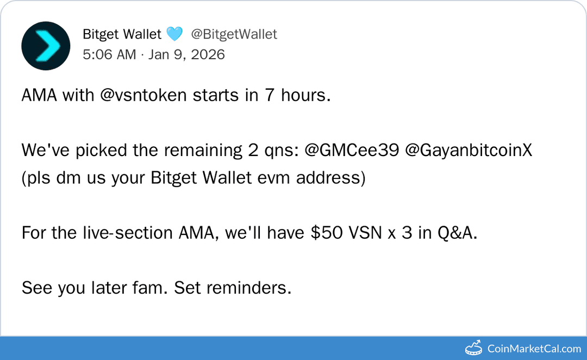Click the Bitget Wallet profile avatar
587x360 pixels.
(46, 46)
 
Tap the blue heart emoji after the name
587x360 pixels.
(174, 34)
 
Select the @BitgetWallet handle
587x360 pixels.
(234, 34)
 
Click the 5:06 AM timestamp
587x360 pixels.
(109, 54)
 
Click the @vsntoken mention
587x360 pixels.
(144, 96)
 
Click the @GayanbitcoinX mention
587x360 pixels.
(469, 151)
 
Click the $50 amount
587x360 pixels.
(326, 233)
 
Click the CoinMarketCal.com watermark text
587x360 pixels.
(534, 349)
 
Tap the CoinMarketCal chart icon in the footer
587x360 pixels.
(473, 347)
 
